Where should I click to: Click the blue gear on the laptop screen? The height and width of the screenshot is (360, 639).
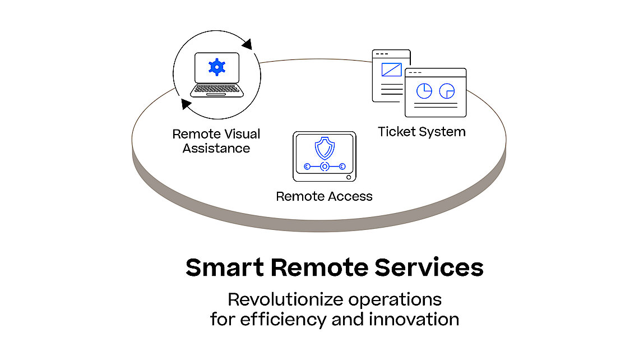click(x=216, y=67)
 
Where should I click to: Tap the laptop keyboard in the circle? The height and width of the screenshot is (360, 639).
click(x=217, y=90)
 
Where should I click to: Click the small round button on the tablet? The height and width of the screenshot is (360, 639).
click(x=349, y=177)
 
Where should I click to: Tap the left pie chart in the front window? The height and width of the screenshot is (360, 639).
click(x=424, y=90)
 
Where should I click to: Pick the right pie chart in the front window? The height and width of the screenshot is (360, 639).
click(x=447, y=90)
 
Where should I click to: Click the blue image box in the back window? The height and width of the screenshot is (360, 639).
click(x=391, y=70)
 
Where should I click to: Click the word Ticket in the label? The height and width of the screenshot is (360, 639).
click(x=396, y=132)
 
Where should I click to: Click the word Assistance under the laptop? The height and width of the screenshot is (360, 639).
click(x=216, y=149)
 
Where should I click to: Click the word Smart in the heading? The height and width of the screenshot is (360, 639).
click(x=224, y=268)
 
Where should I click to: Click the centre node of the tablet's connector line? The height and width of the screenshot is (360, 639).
click(x=324, y=167)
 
